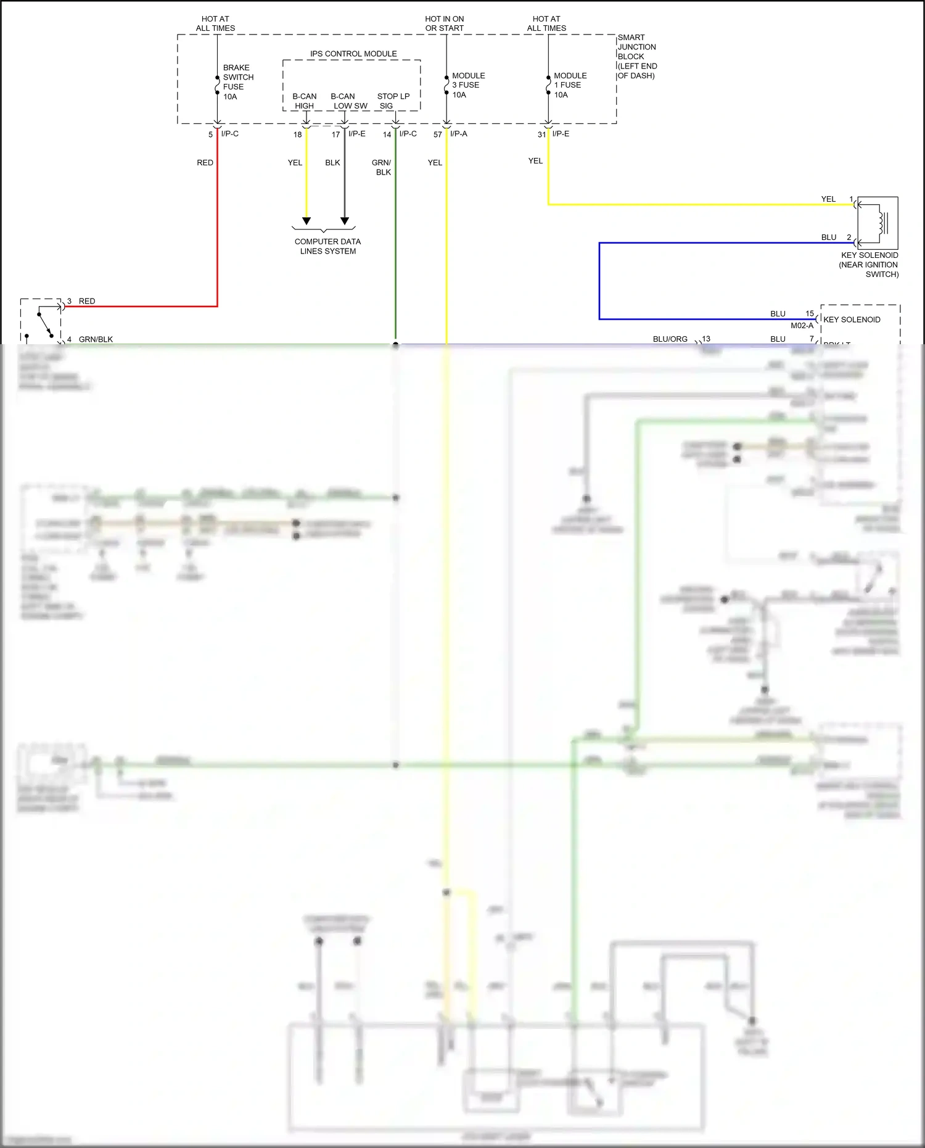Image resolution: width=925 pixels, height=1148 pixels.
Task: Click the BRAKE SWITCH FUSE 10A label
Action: point(237,82)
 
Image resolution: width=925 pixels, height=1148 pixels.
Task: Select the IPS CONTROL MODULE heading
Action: point(353,54)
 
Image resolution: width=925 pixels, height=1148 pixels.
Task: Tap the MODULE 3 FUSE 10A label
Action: point(468,85)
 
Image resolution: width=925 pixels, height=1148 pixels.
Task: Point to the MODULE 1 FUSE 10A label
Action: point(570,85)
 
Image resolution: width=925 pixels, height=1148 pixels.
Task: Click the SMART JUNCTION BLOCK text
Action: point(637,56)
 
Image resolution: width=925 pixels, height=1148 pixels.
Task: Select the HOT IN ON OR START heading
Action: point(444,23)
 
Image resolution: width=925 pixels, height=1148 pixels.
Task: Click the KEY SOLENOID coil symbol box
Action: point(878,223)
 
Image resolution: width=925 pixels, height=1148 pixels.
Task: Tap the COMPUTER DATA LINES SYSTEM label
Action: point(327,246)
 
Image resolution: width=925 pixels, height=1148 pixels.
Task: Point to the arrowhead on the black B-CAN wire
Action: point(345,221)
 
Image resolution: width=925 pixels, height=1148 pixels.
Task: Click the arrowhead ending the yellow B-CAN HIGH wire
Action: point(306,221)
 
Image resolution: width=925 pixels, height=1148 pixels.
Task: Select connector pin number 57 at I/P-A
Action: point(437,134)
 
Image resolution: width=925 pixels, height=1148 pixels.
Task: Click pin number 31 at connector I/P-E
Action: point(541,134)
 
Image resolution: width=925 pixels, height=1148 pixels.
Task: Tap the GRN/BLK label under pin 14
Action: point(382,167)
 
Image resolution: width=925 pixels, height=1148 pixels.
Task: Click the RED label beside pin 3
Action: point(87,301)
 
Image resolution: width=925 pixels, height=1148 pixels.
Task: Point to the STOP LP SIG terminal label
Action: point(393,101)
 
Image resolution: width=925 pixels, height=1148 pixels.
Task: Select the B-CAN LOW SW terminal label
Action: point(348,101)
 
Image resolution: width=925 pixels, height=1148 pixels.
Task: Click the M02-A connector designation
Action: point(802,326)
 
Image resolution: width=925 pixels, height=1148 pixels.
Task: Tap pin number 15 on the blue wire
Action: point(809,313)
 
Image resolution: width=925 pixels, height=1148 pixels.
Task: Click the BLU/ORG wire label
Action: point(670,339)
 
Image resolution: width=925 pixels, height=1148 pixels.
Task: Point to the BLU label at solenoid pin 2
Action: point(828,237)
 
